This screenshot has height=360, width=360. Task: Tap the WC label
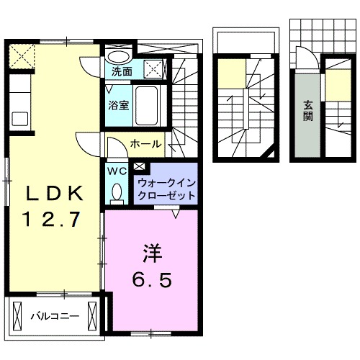(x=117, y=171)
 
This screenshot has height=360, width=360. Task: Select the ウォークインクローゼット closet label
(x=165, y=189)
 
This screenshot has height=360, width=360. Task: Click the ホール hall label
(x=145, y=145)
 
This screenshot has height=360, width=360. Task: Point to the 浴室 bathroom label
(x=119, y=105)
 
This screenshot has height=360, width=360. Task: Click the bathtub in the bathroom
(x=150, y=106)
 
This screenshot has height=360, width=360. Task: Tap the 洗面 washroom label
(x=122, y=71)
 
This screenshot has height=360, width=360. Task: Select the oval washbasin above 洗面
(x=120, y=57)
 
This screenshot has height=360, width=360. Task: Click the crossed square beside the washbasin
(x=153, y=70)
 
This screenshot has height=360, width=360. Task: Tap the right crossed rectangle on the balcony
(x=92, y=315)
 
